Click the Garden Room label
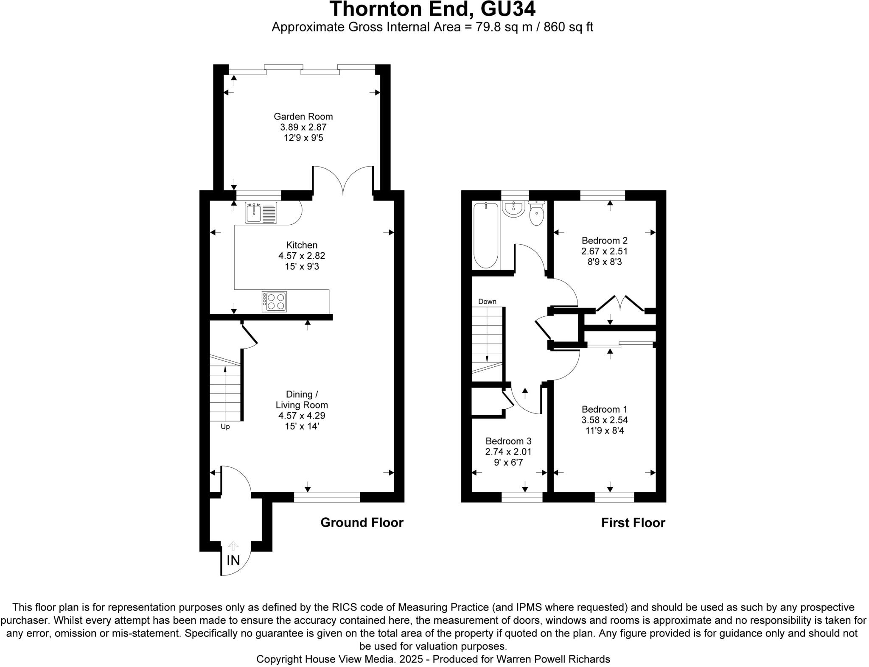click(x=303, y=116)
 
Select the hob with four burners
click(x=274, y=301)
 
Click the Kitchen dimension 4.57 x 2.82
click(x=301, y=256)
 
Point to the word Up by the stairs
click(x=225, y=427)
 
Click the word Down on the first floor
click(x=487, y=301)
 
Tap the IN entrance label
click(x=233, y=561)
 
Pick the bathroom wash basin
click(x=514, y=209)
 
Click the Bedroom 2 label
click(x=604, y=240)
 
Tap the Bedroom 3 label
click(x=508, y=441)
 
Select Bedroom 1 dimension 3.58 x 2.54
click(x=604, y=420)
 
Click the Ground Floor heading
click(x=362, y=522)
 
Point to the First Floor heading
click(x=633, y=522)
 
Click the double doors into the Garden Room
click(x=343, y=180)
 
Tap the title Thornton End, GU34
click(x=432, y=9)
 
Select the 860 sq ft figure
click(x=568, y=27)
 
